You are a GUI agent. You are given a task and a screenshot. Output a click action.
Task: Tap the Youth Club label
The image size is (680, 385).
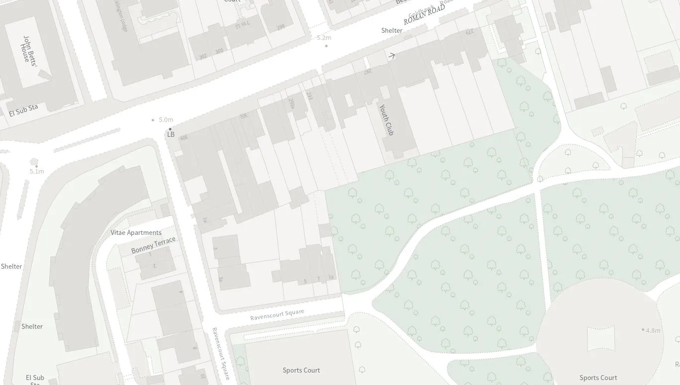coord(386,119)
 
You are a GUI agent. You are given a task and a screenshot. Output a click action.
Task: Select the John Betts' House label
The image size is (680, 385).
coord(29,49)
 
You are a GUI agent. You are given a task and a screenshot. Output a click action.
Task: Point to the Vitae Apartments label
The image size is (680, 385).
coord(136,232)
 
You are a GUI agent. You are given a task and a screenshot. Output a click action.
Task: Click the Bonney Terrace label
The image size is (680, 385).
coord(153,245)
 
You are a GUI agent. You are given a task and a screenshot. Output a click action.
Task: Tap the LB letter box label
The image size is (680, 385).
coord(171,134)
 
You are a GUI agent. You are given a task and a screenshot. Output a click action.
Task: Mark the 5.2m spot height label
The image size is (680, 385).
coord(324,38)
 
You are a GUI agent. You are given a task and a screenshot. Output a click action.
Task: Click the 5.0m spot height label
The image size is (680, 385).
coord(166,120)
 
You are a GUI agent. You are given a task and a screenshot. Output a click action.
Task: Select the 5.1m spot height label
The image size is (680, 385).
coord(37,172)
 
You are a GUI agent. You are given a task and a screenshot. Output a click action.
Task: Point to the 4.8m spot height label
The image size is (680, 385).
coord(653,330)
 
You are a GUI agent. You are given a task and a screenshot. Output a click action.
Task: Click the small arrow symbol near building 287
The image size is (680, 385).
coord(391,56)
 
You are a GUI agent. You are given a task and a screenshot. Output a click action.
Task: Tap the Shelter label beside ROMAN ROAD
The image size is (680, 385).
coord(392,30)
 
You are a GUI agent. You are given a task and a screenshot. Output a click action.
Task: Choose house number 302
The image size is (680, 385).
coord(203,57)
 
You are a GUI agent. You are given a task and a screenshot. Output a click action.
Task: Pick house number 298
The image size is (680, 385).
coord(280,26)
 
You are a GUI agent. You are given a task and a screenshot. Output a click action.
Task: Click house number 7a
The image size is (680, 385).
coord(331,278)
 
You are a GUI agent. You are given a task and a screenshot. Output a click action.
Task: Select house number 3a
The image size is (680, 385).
coord(221,279)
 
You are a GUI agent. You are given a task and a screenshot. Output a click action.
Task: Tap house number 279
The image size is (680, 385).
coord(469,32)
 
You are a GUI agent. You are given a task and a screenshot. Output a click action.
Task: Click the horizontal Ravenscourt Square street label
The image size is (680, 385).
coord(277,314)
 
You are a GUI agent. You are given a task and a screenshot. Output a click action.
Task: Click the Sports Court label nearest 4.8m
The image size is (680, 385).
coord(598,378)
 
